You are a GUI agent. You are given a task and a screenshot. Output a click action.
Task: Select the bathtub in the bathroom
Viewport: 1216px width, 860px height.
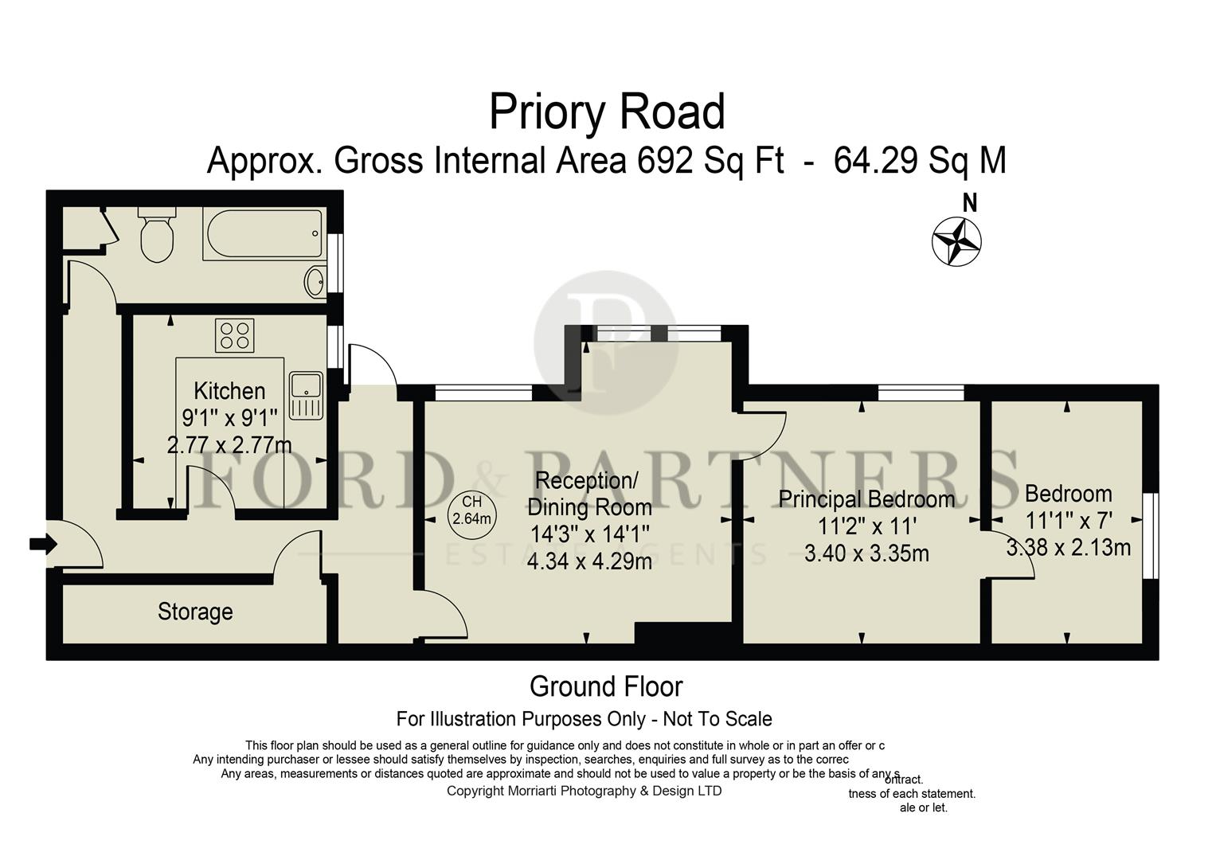pos(264,234)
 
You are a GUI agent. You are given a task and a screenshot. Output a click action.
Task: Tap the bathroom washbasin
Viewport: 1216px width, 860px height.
pos(315,281)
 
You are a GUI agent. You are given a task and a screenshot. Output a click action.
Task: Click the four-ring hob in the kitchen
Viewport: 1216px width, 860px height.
pos(234,334)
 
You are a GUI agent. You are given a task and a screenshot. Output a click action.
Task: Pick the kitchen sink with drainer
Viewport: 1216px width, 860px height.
pos(306,395)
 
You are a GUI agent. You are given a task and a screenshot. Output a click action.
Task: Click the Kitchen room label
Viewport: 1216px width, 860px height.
pos(229,391)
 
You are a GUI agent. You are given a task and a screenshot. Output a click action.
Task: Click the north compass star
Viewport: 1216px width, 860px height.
pos(956,240)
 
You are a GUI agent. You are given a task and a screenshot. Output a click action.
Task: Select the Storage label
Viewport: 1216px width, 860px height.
pos(195,612)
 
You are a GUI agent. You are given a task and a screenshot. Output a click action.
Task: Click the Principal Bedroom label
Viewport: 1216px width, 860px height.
pos(866,499)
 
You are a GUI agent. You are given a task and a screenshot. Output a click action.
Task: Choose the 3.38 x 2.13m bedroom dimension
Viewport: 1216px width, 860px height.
pos(1068,548)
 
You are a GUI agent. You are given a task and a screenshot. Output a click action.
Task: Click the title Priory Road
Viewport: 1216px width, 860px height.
pos(607,112)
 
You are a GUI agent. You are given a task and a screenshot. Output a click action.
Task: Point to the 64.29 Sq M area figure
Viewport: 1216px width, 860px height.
pos(920,161)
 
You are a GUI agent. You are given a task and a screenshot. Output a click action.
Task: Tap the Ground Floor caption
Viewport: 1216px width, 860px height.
pos(606,686)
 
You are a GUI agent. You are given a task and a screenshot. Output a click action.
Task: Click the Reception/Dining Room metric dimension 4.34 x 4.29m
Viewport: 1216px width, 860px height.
pos(589,561)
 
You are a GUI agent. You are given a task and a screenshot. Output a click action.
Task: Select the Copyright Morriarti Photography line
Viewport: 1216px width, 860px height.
pos(584,791)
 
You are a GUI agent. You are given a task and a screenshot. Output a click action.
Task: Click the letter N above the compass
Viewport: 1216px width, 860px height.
pos(969,204)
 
